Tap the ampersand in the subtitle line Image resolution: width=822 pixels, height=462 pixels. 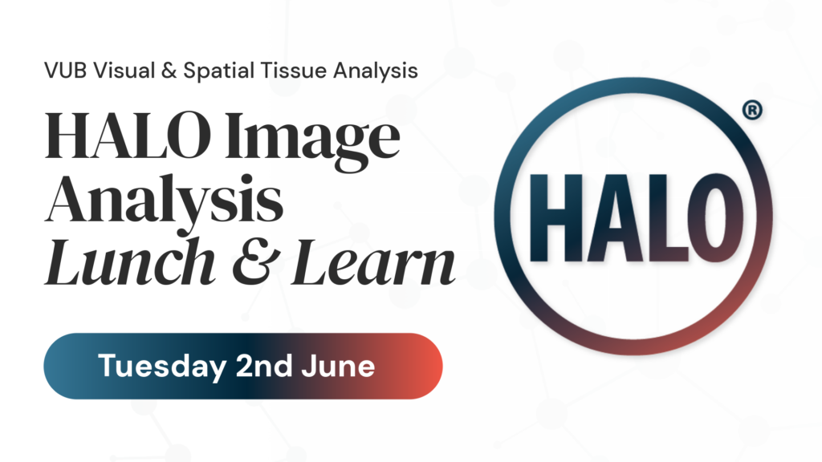169,71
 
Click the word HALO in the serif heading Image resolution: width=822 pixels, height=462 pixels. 128,135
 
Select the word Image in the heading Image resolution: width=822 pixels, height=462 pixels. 312,140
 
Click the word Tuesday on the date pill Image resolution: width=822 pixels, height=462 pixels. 162,367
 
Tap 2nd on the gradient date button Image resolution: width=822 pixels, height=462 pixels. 263,365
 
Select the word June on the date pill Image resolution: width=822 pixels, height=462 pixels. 338,366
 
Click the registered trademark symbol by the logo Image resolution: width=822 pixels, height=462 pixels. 752,111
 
